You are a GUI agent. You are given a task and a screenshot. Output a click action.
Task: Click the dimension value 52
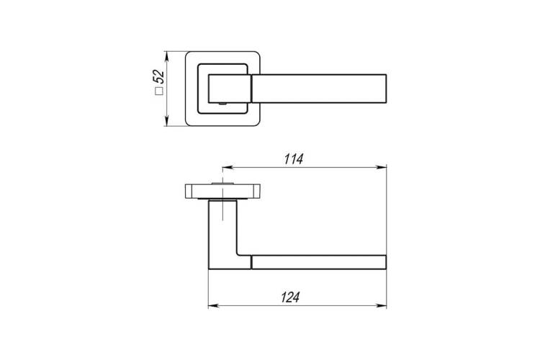tap(158, 76)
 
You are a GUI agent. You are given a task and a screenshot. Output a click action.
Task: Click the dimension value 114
tap(294, 159)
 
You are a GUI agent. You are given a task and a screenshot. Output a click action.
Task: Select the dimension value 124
tap(290, 297)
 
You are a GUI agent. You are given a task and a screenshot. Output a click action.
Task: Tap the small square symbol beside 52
tap(159, 91)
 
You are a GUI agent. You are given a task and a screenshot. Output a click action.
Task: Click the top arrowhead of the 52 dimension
tap(167, 56)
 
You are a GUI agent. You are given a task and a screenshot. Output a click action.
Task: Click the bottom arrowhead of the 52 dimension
tap(167, 121)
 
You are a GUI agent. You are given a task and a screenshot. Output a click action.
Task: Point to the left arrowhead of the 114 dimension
tap(228, 168)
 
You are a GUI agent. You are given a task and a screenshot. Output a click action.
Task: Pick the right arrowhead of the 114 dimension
tap(381, 168)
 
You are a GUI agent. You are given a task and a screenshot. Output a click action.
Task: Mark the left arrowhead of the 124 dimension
tap(214, 305)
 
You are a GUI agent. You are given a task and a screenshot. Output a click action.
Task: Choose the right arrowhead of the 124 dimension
tap(381, 305)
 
